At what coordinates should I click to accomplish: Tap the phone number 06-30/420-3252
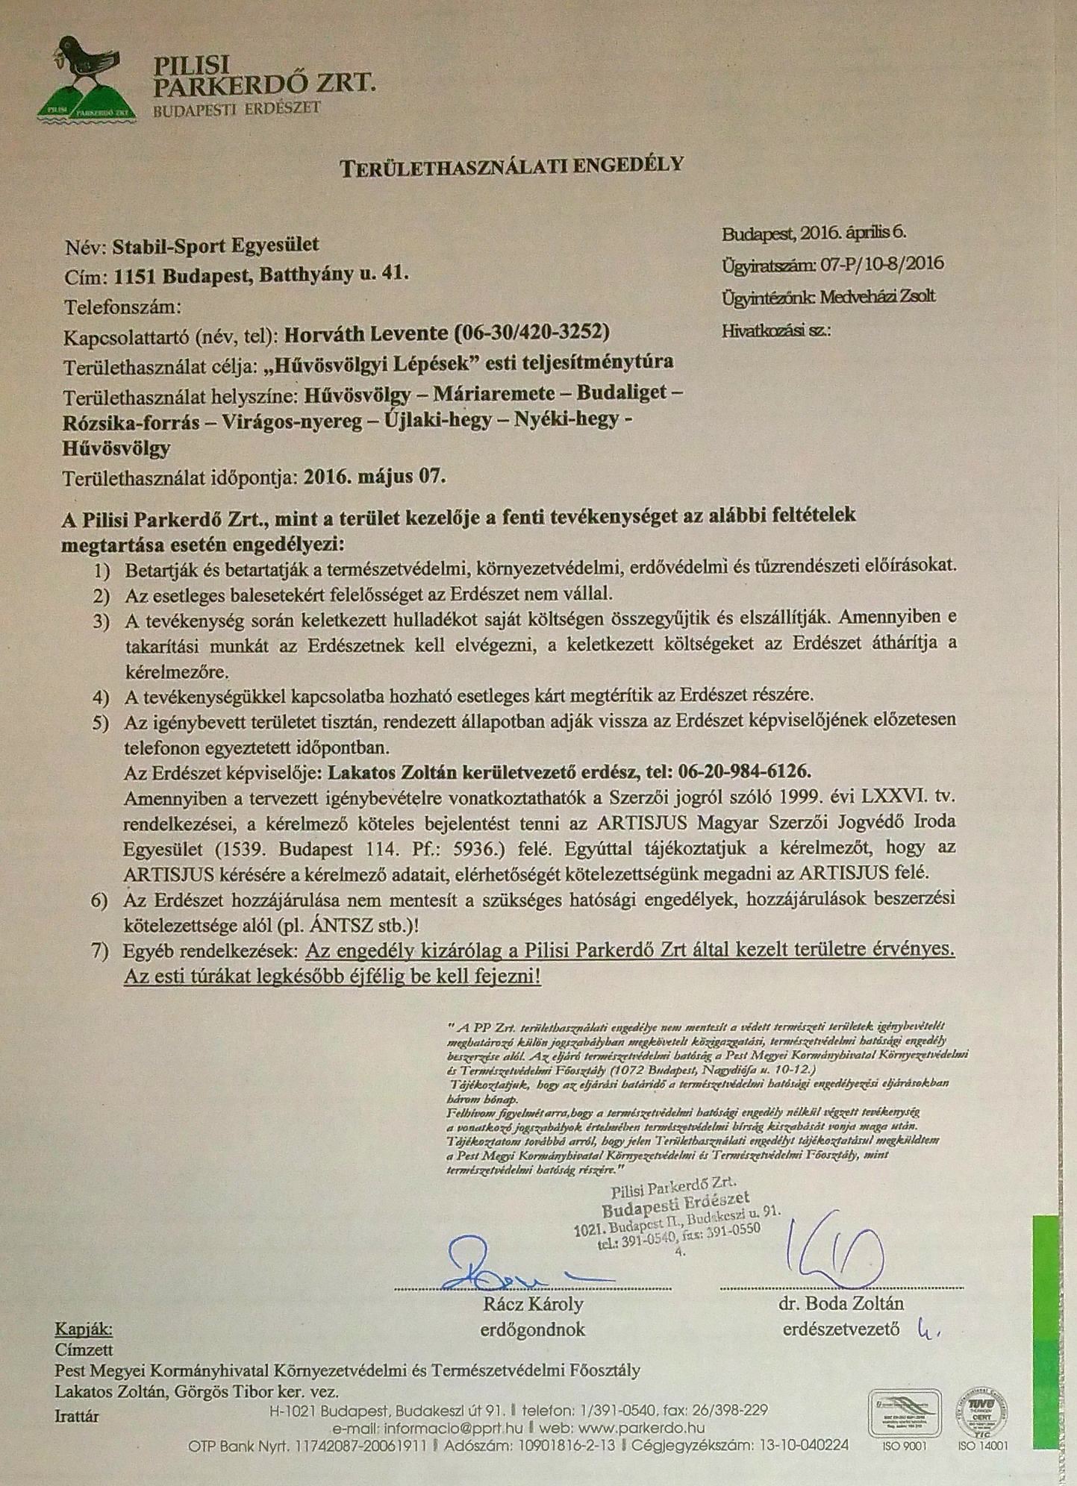(531, 331)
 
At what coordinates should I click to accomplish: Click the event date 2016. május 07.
(375, 476)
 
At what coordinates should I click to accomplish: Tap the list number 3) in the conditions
(102, 621)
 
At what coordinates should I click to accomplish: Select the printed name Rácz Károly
(533, 1304)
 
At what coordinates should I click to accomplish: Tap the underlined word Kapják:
(84, 1329)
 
